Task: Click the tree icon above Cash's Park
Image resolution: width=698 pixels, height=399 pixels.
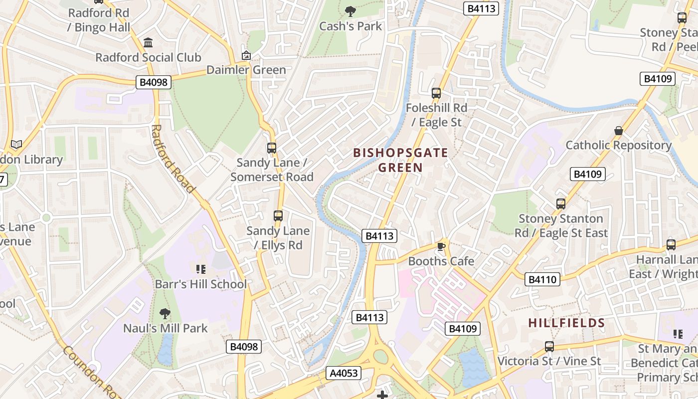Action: tap(350, 11)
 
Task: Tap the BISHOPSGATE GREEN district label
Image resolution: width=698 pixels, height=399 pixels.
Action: tap(400, 160)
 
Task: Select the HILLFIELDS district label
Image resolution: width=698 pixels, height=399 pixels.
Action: tap(566, 323)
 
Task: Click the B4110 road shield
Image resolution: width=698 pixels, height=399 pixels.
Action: tap(542, 279)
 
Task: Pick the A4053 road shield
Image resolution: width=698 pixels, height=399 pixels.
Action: tap(343, 373)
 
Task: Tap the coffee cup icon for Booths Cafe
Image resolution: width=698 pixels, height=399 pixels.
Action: tap(441, 246)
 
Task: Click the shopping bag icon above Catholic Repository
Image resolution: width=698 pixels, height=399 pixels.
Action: tap(619, 131)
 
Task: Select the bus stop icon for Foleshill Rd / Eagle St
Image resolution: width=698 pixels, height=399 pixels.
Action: tap(436, 93)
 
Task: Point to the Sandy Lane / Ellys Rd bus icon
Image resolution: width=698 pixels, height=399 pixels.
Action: tap(278, 216)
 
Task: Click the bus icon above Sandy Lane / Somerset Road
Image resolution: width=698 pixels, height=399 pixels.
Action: tap(272, 148)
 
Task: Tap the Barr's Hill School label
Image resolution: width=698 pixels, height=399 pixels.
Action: tap(200, 284)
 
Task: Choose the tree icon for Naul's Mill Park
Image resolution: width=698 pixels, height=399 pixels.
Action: tap(165, 314)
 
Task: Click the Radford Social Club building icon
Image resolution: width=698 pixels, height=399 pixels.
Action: tap(148, 43)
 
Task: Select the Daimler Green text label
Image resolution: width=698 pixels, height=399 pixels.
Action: tap(246, 70)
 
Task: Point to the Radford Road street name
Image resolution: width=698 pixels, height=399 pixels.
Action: tap(172, 159)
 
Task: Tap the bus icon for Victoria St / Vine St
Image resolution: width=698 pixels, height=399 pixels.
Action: tap(549, 346)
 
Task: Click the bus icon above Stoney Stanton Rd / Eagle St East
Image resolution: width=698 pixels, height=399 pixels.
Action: tap(561, 204)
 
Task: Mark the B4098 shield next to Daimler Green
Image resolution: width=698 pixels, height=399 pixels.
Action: tap(154, 82)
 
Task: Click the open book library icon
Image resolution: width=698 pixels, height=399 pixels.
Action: tap(16, 145)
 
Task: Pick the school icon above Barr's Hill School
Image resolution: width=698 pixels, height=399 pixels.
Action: tap(201, 270)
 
